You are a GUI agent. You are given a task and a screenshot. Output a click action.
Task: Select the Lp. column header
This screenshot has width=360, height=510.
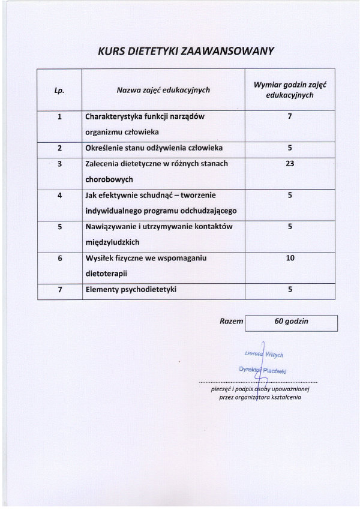coord(59,91)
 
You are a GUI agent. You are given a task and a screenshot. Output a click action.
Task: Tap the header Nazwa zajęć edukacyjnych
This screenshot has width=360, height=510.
coord(163,90)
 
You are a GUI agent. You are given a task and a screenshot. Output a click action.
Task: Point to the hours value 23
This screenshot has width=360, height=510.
coord(290,163)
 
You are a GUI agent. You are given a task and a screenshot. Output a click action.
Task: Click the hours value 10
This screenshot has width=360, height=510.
coord(290,257)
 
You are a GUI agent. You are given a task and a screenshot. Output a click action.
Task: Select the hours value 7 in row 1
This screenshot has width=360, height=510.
coord(290,116)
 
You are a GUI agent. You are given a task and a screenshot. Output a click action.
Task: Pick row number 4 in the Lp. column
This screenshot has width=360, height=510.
coord(60,195)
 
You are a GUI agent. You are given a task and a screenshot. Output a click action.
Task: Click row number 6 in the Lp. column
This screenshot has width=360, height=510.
coord(60,258)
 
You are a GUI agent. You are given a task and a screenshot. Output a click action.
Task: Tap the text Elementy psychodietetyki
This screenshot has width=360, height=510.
coord(131,290)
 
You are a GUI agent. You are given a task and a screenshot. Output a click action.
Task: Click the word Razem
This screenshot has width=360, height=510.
coord(231,322)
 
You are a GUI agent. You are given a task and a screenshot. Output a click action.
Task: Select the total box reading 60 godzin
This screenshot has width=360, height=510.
coord(291,322)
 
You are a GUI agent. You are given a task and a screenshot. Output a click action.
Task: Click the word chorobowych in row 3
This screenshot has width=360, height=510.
coord(109,179)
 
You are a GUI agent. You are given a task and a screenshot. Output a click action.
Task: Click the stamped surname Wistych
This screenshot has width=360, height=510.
coord(273,355)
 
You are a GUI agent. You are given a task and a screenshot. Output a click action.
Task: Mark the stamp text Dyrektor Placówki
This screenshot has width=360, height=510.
coord(262,370)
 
